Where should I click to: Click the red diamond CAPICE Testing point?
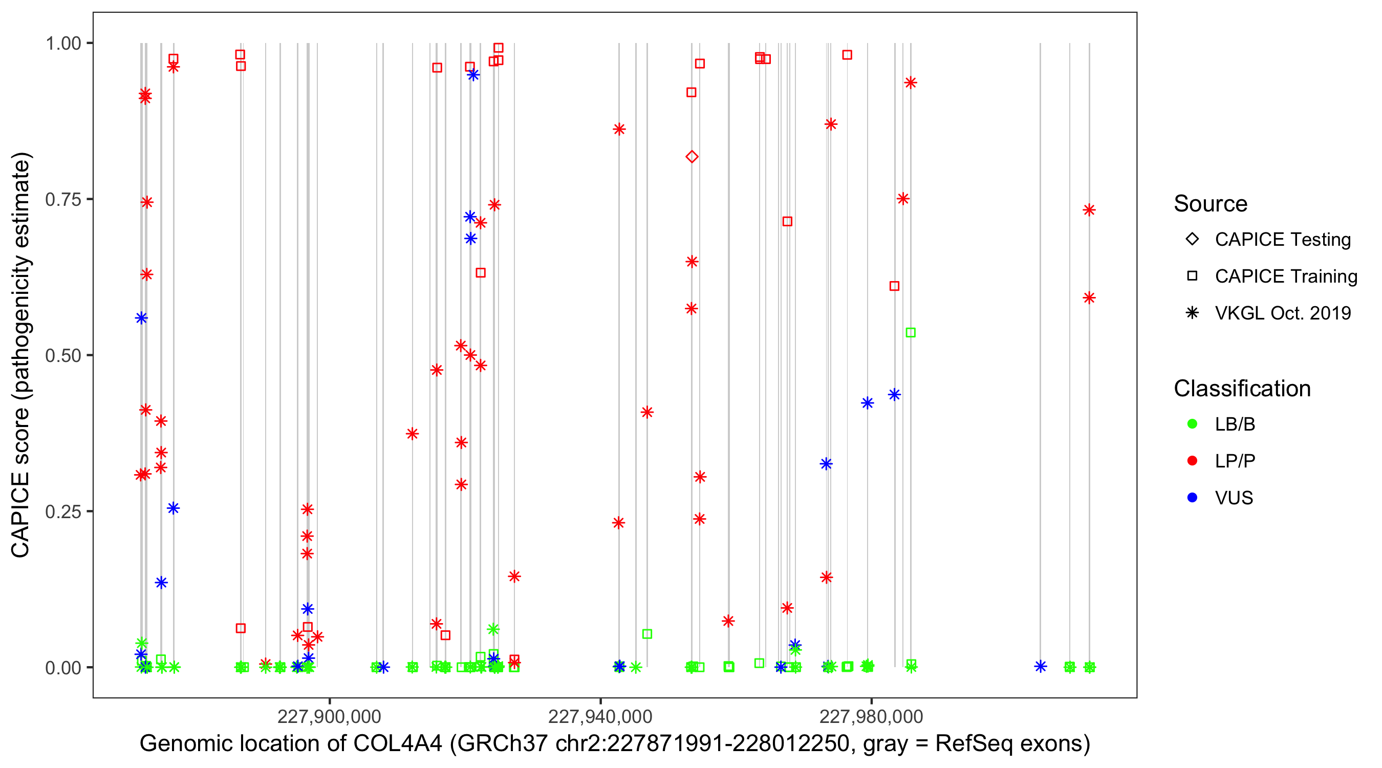[692, 157]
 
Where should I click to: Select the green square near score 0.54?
[911, 333]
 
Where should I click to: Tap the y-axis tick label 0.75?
[62, 200]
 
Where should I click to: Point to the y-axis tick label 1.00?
[62, 44]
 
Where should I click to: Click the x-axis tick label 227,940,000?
[600, 716]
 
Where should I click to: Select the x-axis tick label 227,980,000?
[871, 716]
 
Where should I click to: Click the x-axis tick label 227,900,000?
[329, 716]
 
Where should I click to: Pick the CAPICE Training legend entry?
[1285, 276]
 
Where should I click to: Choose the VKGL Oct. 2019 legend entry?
[1282, 313]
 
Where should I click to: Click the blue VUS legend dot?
[1192, 498]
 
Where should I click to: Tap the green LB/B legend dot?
[1192, 424]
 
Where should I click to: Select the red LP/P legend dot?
[1192, 461]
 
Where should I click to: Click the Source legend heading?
[1211, 204]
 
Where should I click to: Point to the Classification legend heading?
[1242, 389]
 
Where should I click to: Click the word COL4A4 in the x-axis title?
[398, 744]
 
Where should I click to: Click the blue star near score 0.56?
[141, 318]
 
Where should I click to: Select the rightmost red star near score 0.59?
[1089, 298]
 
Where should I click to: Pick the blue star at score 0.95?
[472, 75]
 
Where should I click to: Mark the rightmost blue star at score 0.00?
[1040, 667]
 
